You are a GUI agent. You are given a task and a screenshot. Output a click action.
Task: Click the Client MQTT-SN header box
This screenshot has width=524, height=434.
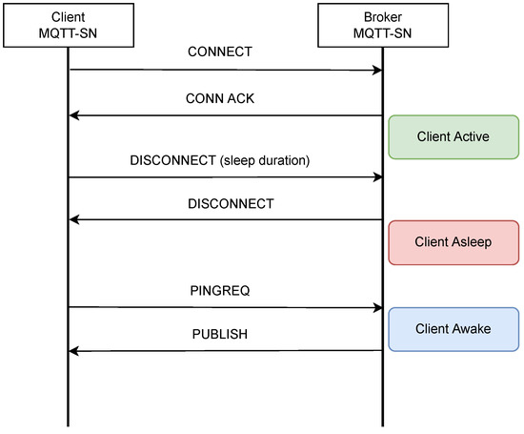[69, 23]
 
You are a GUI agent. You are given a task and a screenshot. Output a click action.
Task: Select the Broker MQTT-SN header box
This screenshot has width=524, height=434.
[382, 23]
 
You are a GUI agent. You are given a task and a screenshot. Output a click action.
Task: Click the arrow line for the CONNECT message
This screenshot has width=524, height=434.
[226, 70]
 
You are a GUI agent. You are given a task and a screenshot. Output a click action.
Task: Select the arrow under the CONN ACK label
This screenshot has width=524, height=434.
[226, 115]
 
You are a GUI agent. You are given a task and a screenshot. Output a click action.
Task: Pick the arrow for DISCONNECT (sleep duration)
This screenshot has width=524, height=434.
[226, 176]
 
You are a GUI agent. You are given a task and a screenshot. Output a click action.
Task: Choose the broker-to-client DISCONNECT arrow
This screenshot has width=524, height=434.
[226, 219]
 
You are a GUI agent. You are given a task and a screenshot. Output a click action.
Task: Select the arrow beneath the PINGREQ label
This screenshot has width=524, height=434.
[226, 307]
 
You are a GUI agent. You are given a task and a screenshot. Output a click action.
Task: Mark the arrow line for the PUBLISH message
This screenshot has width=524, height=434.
[226, 351]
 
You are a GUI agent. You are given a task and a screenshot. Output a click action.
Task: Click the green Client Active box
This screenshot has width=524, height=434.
[453, 136]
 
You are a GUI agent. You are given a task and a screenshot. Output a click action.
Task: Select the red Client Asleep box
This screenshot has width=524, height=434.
[453, 241]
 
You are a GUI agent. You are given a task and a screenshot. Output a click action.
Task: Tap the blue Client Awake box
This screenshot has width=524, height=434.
[453, 328]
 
